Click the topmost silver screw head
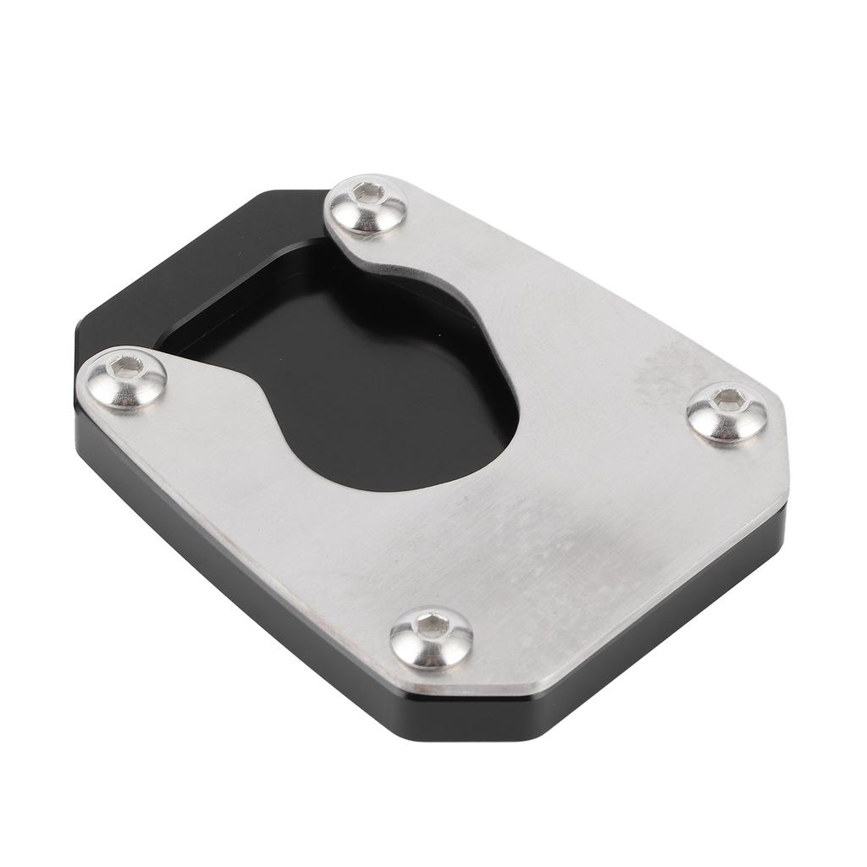[367, 206]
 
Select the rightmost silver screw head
[727, 413]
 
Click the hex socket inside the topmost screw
[368, 193]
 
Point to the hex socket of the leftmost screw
[127, 367]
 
